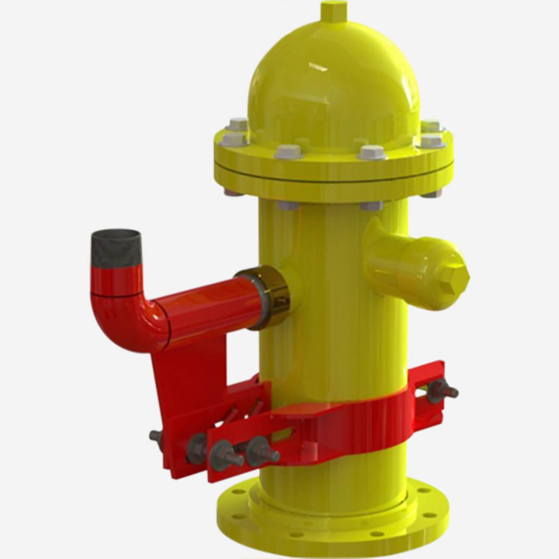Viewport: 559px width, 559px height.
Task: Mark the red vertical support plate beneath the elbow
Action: [x=186, y=373]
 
